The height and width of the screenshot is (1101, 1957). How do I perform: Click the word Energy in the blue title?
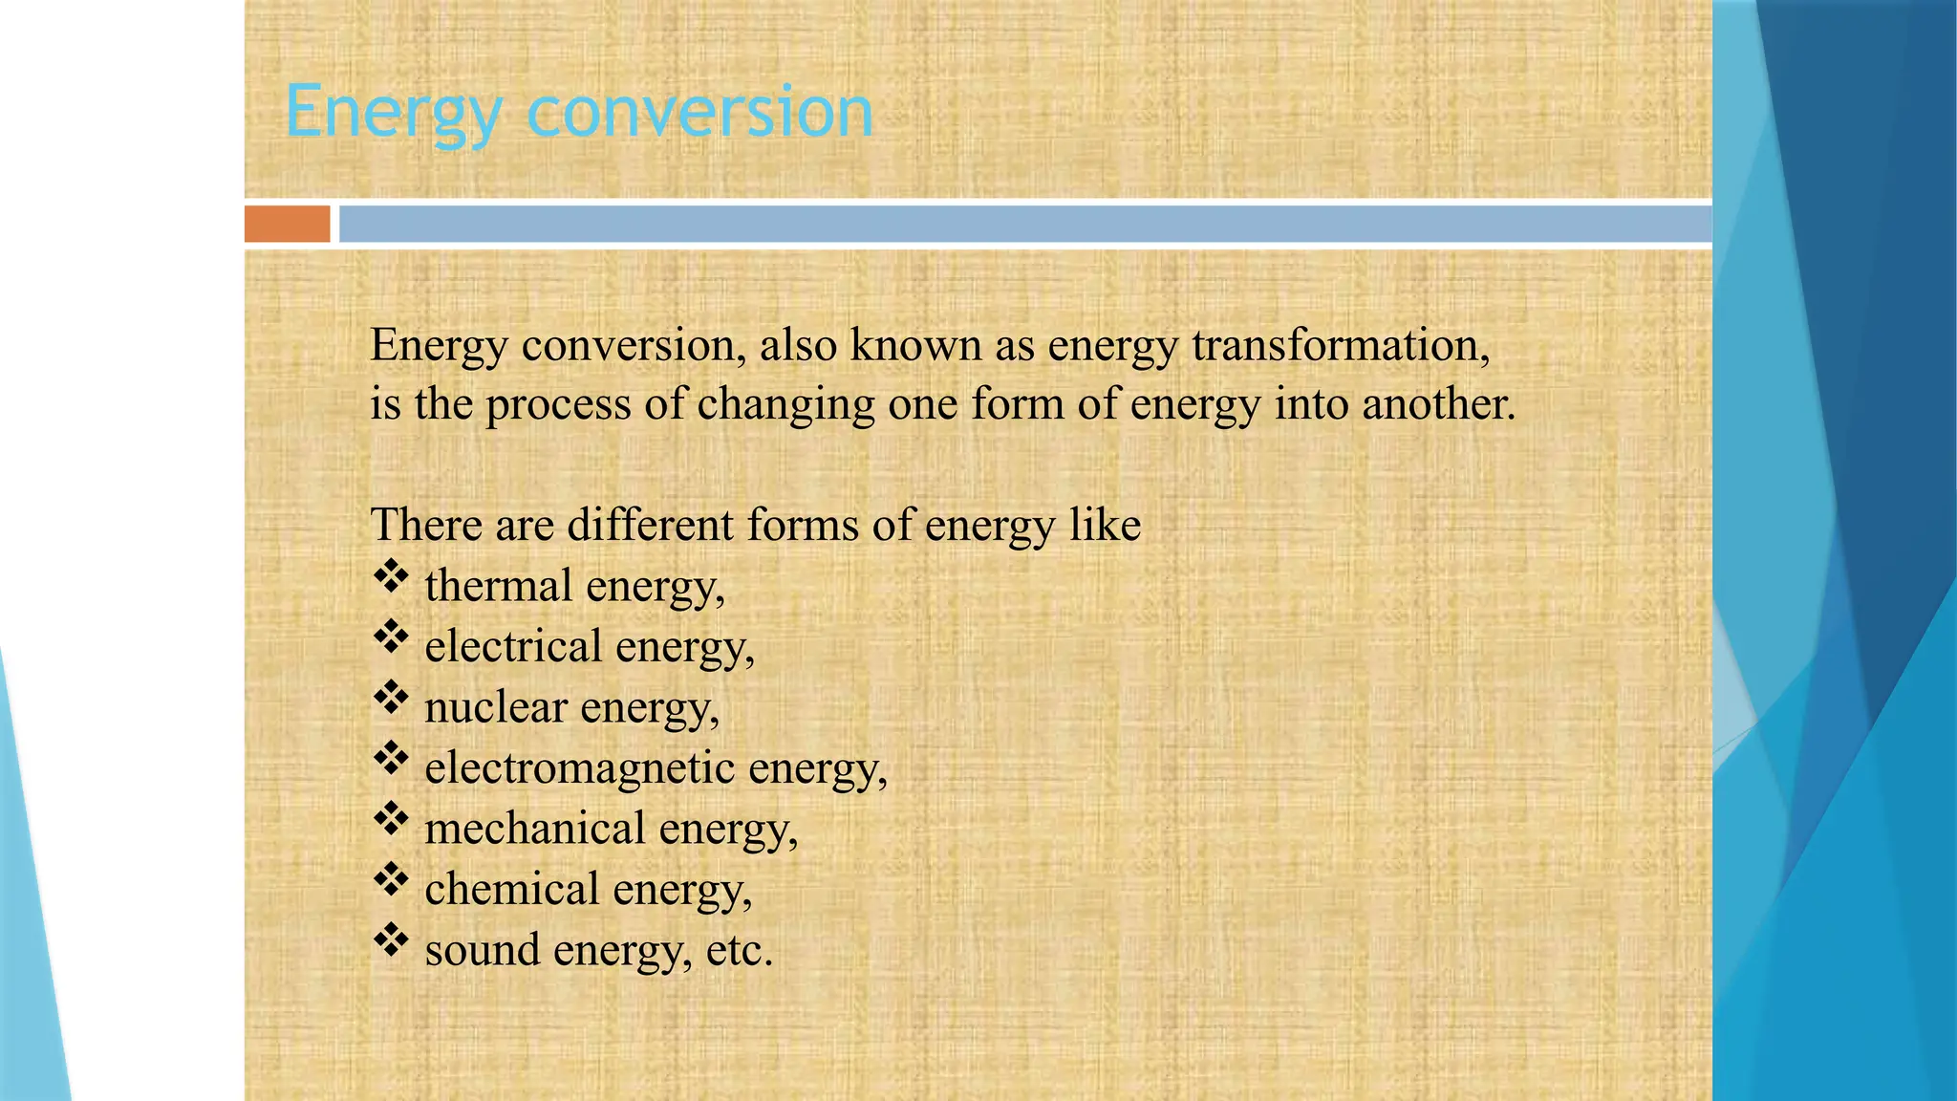[393, 113]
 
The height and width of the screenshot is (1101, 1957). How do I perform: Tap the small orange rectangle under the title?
[287, 224]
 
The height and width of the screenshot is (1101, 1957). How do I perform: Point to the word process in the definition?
[558, 405]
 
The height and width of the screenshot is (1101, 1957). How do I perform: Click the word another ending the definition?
[1438, 403]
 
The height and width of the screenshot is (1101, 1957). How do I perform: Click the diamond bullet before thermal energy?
[391, 576]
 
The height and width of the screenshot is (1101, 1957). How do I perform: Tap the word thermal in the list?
[499, 585]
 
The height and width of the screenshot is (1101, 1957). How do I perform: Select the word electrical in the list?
[513, 646]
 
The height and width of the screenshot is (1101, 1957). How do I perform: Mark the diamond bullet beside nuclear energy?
[391, 698]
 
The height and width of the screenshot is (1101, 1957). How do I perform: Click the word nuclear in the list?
[496, 707]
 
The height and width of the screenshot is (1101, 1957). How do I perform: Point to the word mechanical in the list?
[535, 828]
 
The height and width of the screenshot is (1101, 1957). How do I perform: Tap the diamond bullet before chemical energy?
[391, 879]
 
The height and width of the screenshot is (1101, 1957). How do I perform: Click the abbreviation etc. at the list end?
[739, 950]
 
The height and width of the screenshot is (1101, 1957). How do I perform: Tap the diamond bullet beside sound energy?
[391, 940]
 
